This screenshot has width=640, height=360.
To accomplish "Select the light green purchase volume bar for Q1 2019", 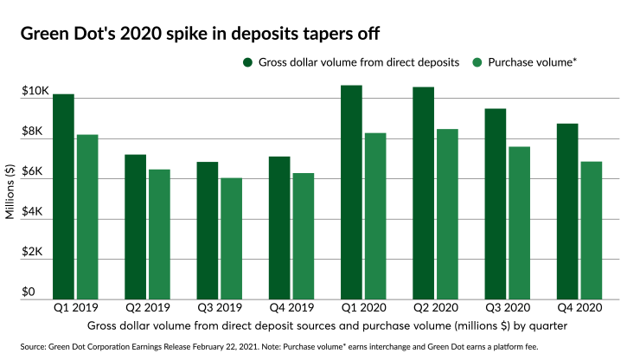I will pyautogui.click(x=86, y=217).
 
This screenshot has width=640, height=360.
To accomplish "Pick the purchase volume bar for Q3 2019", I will pyautogui.click(x=231, y=239).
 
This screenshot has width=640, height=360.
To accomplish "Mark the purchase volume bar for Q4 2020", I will pyautogui.click(x=592, y=230).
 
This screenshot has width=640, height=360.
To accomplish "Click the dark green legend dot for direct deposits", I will pyautogui.click(x=248, y=62).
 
